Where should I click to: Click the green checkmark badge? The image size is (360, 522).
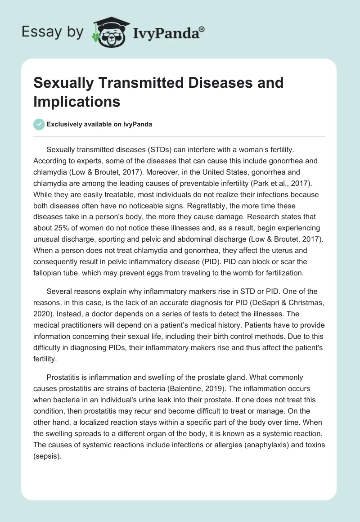pos(39,124)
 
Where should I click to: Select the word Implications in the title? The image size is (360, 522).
pos(76,102)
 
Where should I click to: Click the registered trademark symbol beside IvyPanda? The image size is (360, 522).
pos(202,29)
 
